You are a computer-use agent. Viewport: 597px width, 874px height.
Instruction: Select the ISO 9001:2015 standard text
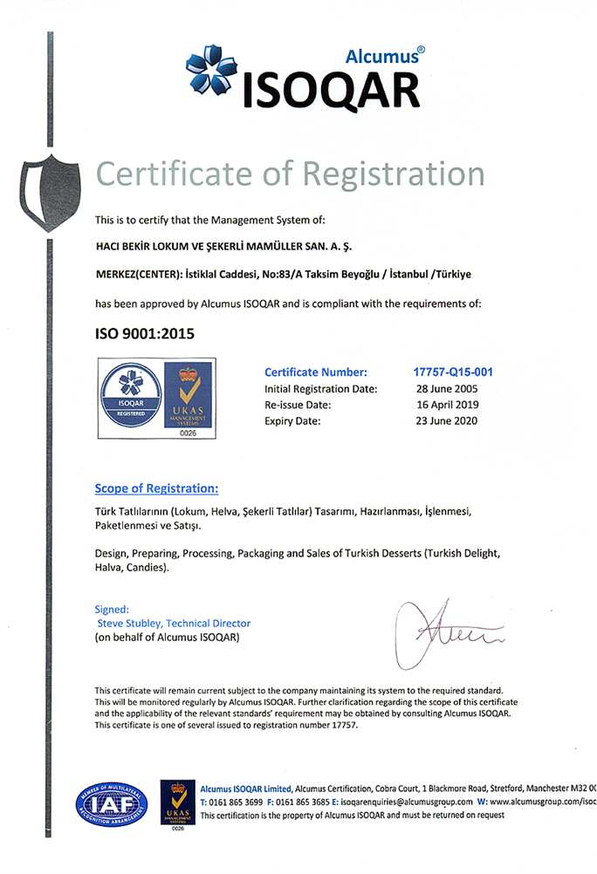[144, 332]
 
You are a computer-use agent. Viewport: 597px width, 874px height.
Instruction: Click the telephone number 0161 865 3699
[236, 801]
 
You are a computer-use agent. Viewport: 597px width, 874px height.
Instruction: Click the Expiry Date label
[292, 421]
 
